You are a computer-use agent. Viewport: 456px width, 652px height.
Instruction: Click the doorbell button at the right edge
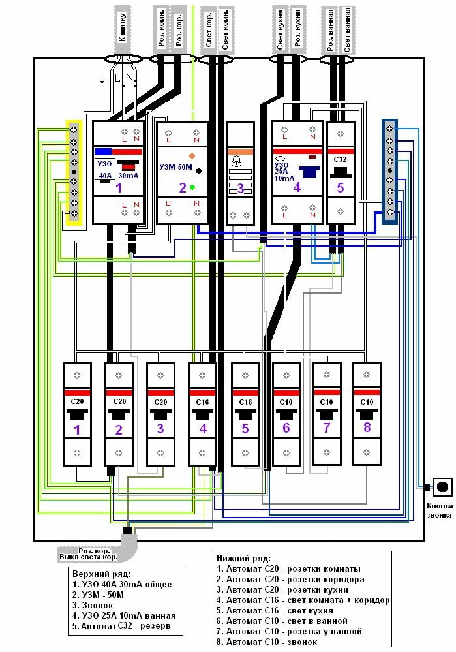[x=443, y=486]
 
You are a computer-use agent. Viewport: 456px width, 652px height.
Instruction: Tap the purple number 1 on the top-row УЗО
[x=119, y=188]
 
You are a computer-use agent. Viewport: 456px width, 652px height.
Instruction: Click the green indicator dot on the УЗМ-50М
[x=193, y=187]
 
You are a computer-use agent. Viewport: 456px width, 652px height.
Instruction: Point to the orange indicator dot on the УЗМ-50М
[x=192, y=157]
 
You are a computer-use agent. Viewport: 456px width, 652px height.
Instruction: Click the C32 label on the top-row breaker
[x=340, y=159]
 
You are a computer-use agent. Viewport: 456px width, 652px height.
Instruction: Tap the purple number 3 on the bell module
[x=240, y=189]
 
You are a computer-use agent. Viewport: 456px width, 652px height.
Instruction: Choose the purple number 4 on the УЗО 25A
[x=297, y=188]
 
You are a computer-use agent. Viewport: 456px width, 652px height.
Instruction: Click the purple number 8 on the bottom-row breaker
[x=367, y=428]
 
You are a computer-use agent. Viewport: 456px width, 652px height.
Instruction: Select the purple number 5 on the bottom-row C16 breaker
[x=245, y=429]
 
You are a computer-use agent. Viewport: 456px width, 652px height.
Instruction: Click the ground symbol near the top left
[x=102, y=80]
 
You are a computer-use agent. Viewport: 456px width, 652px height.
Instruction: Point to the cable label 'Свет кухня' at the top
[x=280, y=29]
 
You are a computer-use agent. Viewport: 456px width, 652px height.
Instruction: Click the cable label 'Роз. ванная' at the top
[x=331, y=29]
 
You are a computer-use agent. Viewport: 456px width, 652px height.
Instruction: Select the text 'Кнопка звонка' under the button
[x=441, y=509]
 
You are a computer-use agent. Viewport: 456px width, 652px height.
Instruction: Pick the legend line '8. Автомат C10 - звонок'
[x=267, y=642]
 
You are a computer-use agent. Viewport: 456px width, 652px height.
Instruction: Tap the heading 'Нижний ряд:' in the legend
[x=241, y=557]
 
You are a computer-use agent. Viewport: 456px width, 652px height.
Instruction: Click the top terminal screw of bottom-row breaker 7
[x=327, y=375]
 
